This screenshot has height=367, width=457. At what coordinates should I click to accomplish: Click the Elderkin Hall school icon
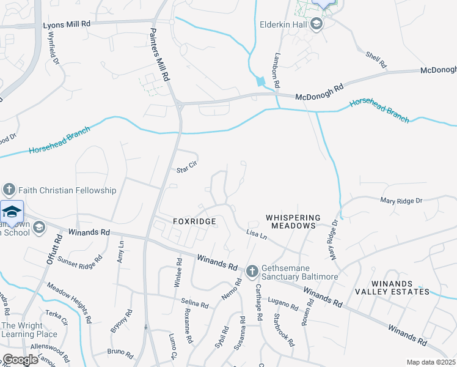pyautogui.click(x=316, y=24)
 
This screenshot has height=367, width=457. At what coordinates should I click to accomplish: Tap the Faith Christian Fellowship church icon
pyautogui.click(x=8, y=190)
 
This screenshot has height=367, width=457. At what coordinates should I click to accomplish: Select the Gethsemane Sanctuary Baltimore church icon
pyautogui.click(x=252, y=271)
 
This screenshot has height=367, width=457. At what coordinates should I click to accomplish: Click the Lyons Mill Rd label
pyautogui.click(x=67, y=25)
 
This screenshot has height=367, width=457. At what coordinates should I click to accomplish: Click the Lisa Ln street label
pyautogui.click(x=257, y=235)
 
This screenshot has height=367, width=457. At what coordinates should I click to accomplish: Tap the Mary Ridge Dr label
pyautogui.click(x=401, y=200)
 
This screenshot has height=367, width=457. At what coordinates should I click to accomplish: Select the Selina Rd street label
pyautogui.click(x=196, y=302)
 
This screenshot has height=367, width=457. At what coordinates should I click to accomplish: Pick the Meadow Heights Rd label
pyautogui.click(x=69, y=302)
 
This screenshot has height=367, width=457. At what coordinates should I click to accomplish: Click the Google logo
pyautogui.click(x=20, y=360)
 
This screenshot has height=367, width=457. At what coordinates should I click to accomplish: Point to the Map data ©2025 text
pyautogui.click(x=431, y=362)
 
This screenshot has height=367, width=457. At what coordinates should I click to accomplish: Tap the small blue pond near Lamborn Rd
pyautogui.click(x=261, y=81)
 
